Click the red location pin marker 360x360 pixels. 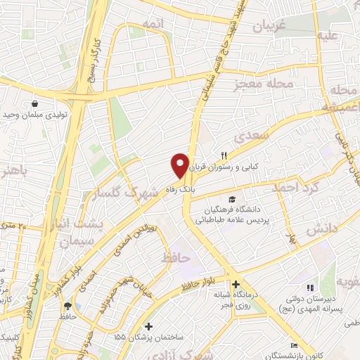(180, 165)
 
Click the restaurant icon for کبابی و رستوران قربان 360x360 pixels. (224, 156)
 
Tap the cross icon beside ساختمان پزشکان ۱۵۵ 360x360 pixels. (148, 326)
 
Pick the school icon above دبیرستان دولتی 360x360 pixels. (309, 287)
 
